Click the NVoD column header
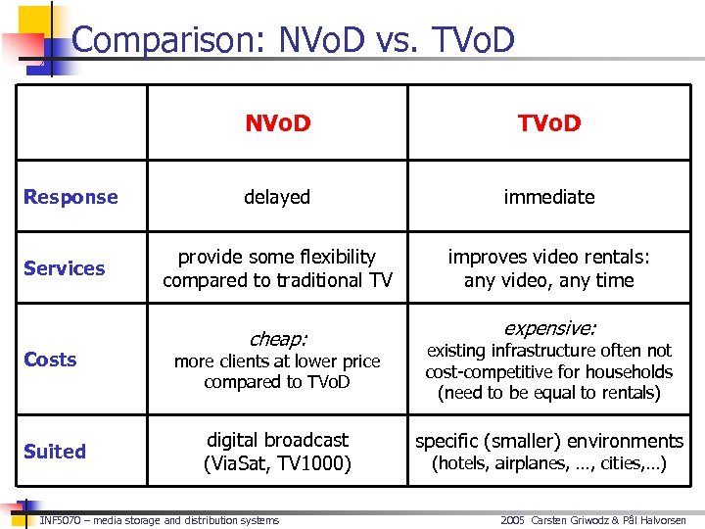(277, 122)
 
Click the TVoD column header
(548, 122)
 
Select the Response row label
(70, 197)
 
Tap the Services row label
(65, 268)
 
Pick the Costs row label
(50, 360)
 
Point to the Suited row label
(55, 452)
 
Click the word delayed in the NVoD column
(277, 197)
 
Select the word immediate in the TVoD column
(548, 197)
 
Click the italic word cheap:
(277, 339)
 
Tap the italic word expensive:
(548, 328)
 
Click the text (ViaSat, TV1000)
(277, 463)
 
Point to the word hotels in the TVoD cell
(463, 463)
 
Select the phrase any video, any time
(548, 280)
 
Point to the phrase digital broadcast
(277, 441)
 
